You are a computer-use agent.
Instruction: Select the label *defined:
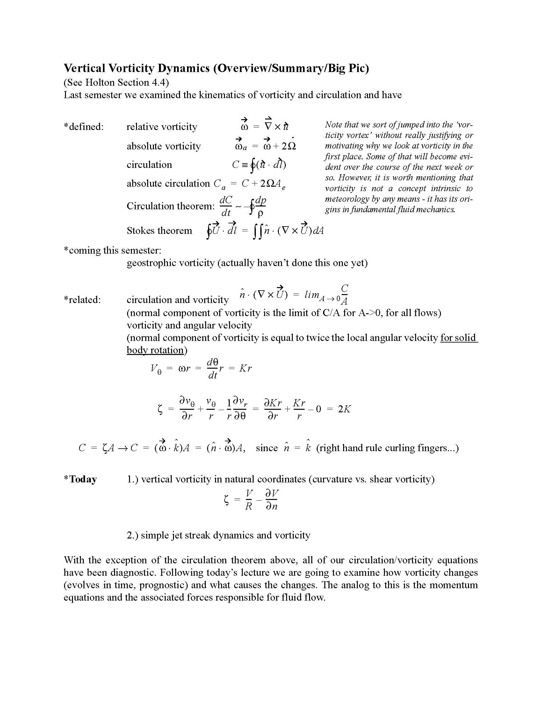(x=83, y=126)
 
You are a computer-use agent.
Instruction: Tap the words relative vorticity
(x=162, y=126)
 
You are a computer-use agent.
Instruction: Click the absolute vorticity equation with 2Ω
(x=265, y=145)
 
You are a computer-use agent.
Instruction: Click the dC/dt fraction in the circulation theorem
(x=226, y=206)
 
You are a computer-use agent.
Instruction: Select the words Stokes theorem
(x=159, y=230)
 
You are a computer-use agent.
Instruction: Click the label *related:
(x=82, y=300)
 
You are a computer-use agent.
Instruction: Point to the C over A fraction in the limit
(x=345, y=294)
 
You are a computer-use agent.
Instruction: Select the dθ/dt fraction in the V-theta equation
(x=213, y=368)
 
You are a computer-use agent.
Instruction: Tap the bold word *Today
(x=80, y=479)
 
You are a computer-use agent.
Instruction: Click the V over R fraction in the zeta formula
(x=249, y=500)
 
